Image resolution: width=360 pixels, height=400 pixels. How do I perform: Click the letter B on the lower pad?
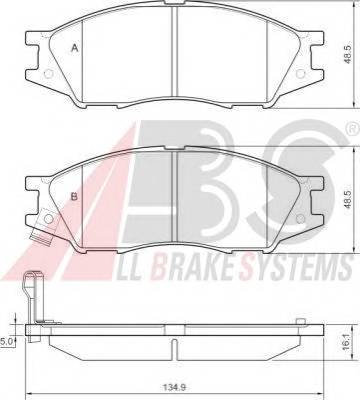[x=74, y=196]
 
